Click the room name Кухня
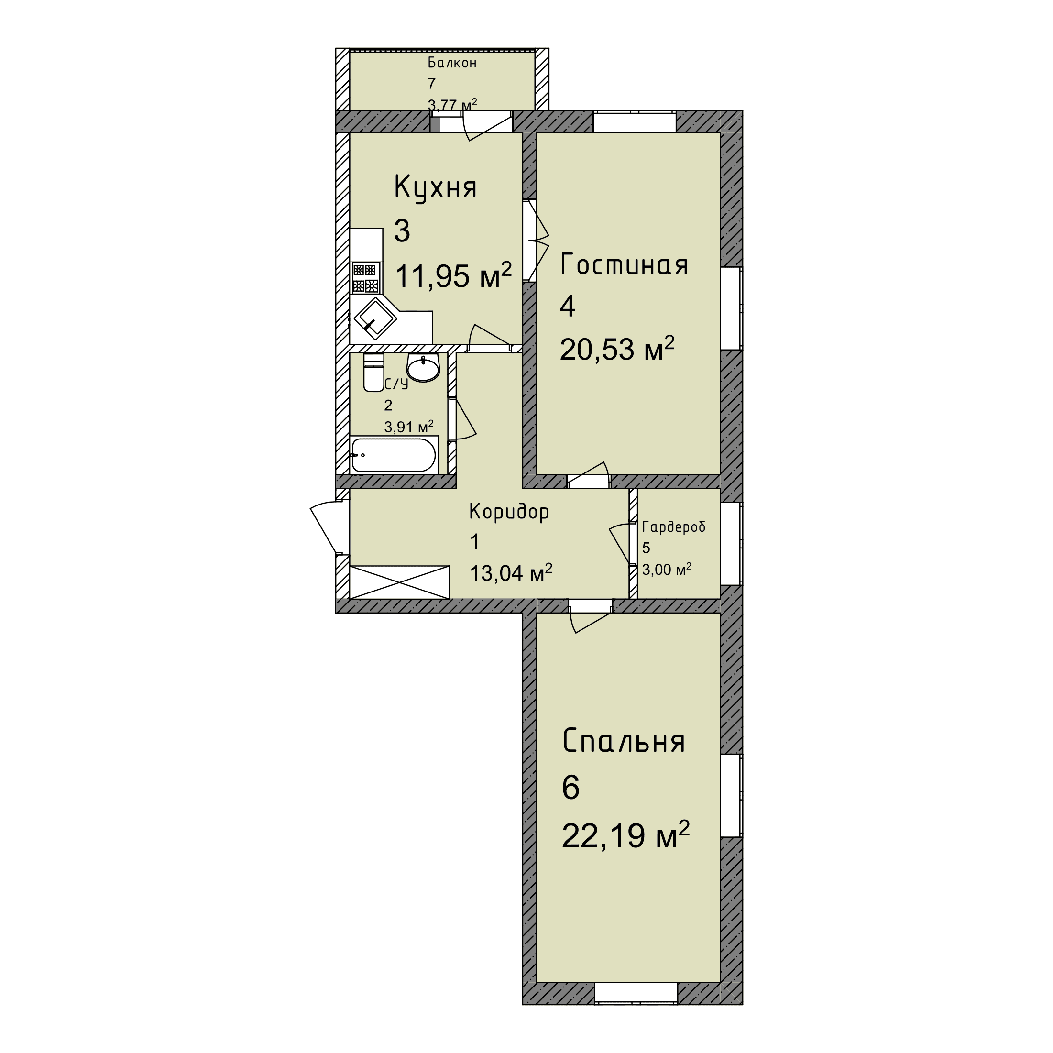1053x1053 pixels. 435,188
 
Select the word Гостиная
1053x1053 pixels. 624,264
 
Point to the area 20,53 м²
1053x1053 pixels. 617,348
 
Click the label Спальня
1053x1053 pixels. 624,741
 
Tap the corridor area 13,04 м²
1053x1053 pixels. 511,573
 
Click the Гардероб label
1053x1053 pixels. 674,527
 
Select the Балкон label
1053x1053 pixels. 452,63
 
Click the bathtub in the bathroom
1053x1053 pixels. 394,455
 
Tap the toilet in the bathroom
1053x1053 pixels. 373,372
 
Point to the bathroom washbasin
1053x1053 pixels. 423,368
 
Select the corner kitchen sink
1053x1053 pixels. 375,319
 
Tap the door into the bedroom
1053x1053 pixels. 590,616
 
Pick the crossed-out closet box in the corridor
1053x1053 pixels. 399,582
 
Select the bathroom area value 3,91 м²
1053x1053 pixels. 409,426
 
